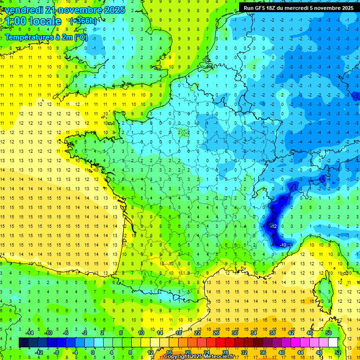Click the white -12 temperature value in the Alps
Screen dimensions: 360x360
coord(274,226)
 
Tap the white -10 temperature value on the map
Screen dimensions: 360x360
coord(283,245)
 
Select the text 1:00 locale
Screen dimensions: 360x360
coord(34,21)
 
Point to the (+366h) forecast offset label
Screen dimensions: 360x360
coord(83,21)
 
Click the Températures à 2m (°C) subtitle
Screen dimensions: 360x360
coord(46,37)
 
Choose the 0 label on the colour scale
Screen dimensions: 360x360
coord(92,352)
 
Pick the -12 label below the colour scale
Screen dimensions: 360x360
coord(39,352)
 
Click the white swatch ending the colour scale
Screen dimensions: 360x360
coord(333,343)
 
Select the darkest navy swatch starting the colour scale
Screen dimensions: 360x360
coord(23,343)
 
